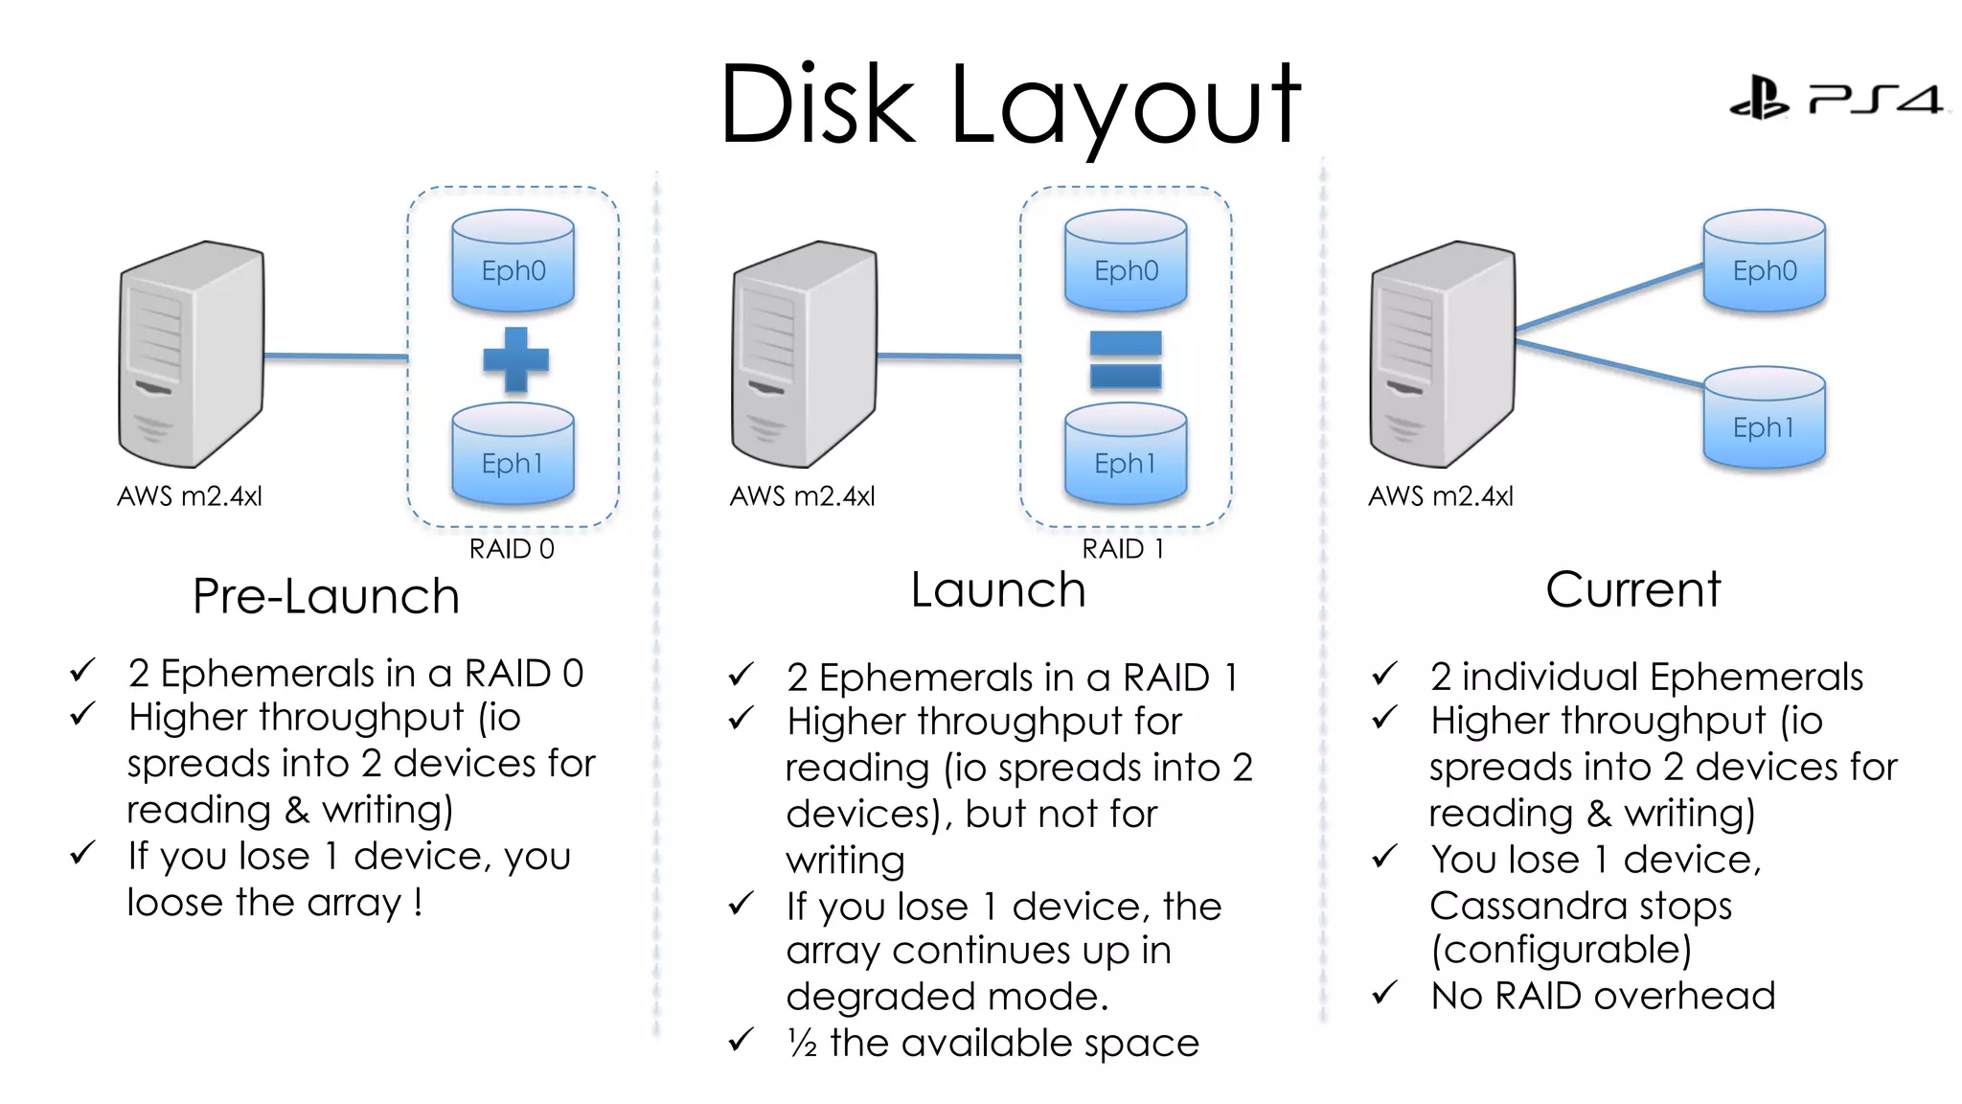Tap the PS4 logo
pyautogui.click(x=1837, y=98)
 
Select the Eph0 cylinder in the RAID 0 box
pyautogui.click(x=513, y=262)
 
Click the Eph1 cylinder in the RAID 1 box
pyautogui.click(x=1126, y=455)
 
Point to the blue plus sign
pyautogui.click(x=515, y=359)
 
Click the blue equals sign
pyautogui.click(x=1126, y=359)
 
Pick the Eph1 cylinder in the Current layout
pyautogui.click(x=1764, y=419)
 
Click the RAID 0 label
pyautogui.click(x=512, y=549)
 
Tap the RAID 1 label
pyautogui.click(x=1123, y=549)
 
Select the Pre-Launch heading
pyautogui.click(x=326, y=596)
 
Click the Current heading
pyautogui.click(x=1632, y=589)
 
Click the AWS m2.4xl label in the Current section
pyautogui.click(x=1440, y=496)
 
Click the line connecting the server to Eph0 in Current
pyautogui.click(x=1609, y=298)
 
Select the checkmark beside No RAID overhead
pyautogui.click(x=1384, y=994)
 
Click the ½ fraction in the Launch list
pyautogui.click(x=802, y=1043)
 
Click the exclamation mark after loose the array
pyautogui.click(x=419, y=901)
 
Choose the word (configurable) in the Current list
pyautogui.click(x=1561, y=950)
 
